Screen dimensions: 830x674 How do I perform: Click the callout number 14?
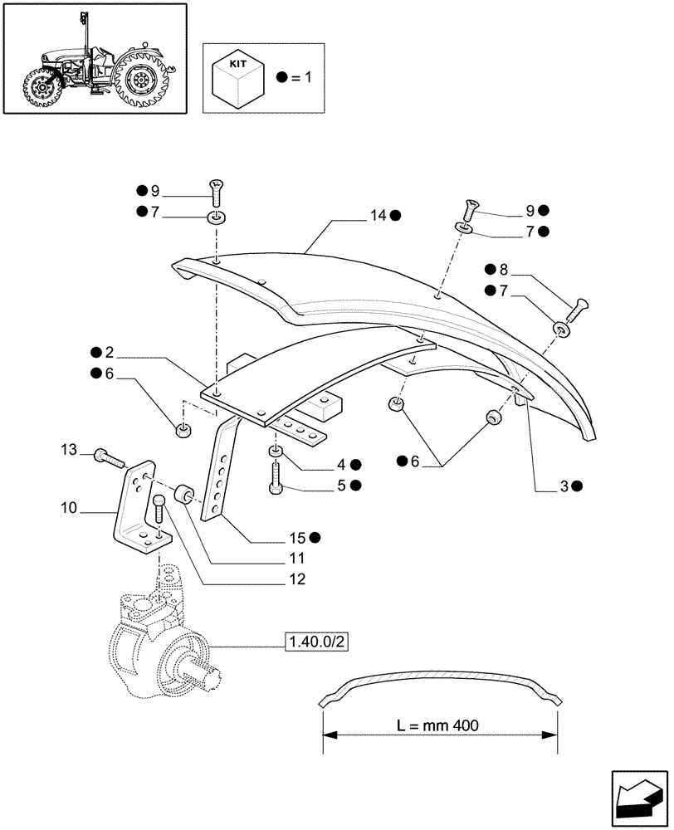(x=379, y=216)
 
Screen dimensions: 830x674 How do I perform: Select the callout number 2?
(x=110, y=352)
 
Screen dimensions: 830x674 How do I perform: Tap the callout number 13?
(x=69, y=450)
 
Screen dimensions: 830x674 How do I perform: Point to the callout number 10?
(x=69, y=505)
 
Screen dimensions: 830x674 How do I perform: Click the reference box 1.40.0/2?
(x=315, y=642)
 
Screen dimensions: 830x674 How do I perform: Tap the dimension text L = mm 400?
(x=437, y=725)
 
